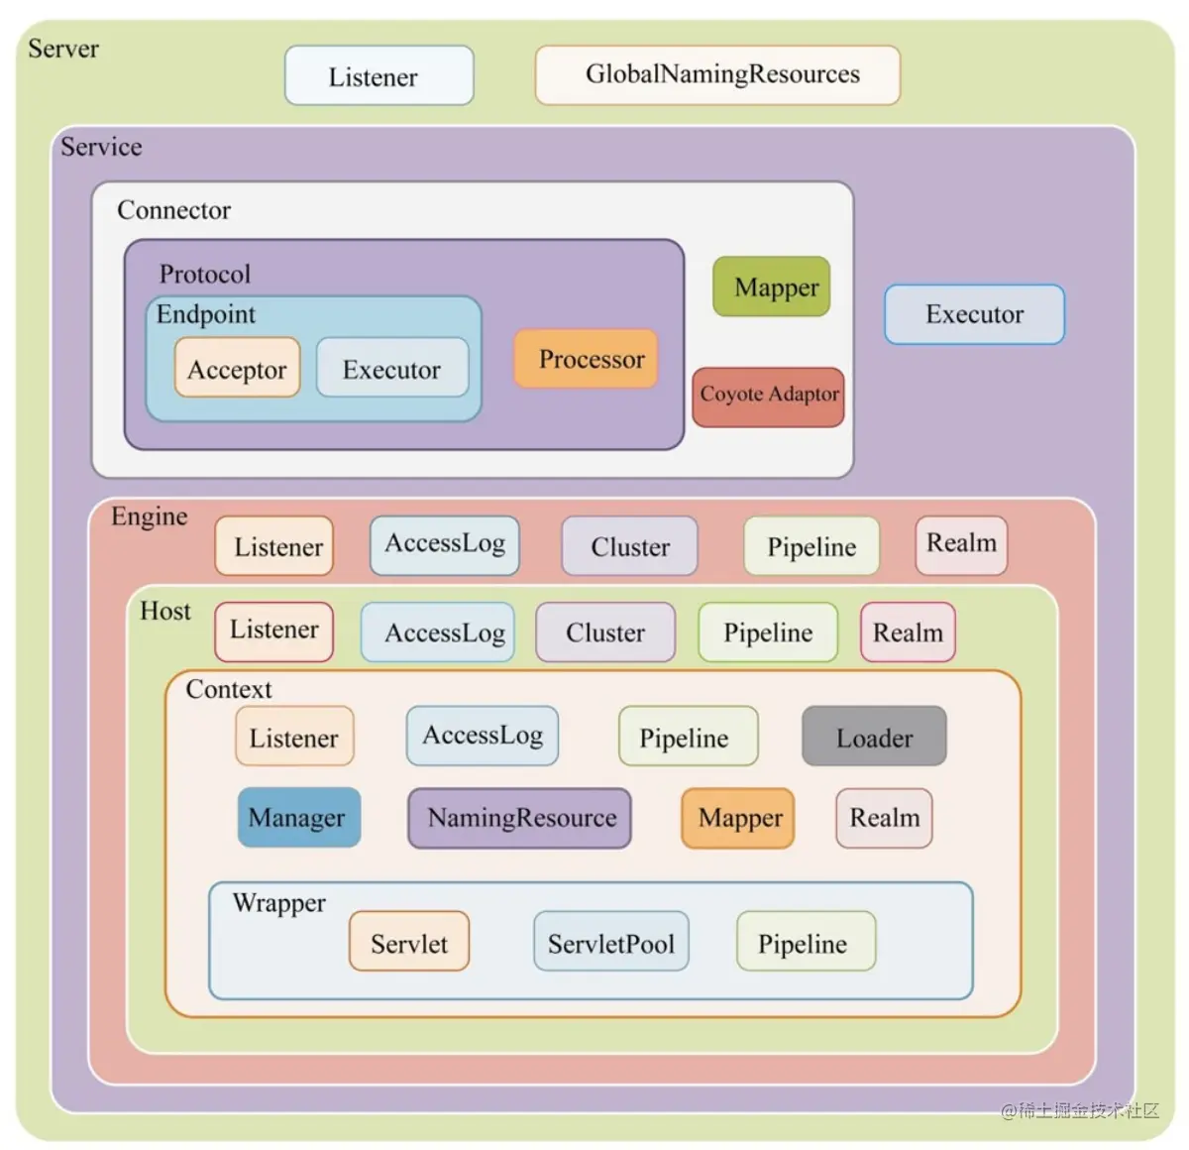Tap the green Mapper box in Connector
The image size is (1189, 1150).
tap(771, 287)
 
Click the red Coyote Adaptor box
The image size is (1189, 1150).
tap(768, 397)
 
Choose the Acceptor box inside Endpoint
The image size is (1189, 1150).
tap(237, 369)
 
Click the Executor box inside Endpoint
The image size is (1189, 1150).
tap(392, 369)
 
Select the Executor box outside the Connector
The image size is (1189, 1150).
tap(974, 314)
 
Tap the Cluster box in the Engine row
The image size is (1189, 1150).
tap(629, 546)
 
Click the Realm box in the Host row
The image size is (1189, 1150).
tap(908, 632)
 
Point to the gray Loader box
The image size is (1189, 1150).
tap(874, 737)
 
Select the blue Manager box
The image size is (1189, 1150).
tap(298, 818)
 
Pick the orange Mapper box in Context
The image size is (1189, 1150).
tap(738, 818)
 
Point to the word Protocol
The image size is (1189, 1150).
tap(205, 274)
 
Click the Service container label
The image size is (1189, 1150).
tap(101, 147)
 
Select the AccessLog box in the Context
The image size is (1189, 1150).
tap(483, 736)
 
